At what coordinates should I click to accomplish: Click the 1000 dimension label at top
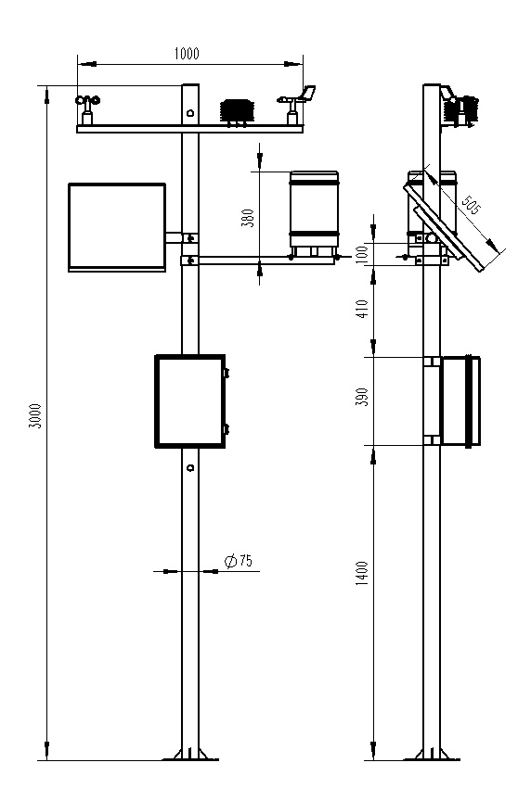[x=187, y=54]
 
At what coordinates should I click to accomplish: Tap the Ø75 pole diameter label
[x=240, y=561]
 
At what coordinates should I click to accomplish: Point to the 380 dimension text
[x=247, y=218]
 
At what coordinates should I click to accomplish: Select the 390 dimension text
[x=362, y=397]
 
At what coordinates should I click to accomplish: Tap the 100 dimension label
[x=362, y=253]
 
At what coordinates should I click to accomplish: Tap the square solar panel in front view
[x=116, y=226]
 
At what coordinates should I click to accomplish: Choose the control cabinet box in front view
[x=189, y=401]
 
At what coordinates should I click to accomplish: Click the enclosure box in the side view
[x=460, y=400]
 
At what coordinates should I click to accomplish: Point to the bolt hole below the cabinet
[x=189, y=468]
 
